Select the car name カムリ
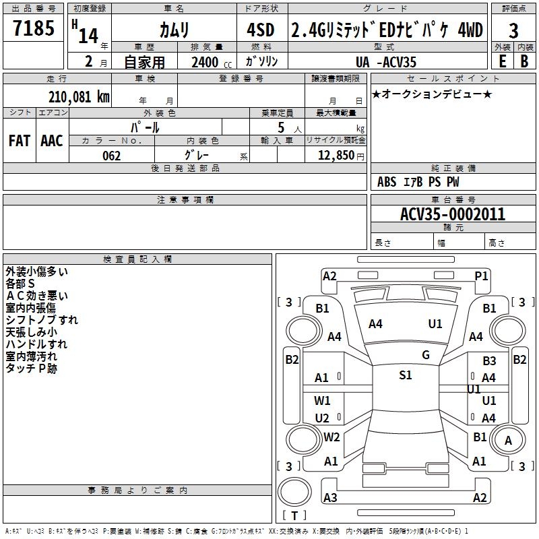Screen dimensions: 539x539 174,30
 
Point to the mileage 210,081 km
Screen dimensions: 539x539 79,96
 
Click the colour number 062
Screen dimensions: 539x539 111,156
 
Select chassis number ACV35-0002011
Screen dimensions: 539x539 452,214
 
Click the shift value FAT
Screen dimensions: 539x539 20,141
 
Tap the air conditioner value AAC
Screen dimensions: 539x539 52,141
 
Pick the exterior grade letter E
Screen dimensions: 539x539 502,62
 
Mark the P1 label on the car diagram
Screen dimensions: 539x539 481,276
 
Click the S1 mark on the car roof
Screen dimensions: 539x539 405,375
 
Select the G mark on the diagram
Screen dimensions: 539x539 425,355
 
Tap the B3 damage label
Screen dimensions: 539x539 489,361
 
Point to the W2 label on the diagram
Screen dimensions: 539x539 331,437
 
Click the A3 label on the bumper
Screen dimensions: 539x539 330,498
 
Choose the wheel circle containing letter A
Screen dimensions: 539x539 508,441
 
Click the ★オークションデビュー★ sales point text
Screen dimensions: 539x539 432,94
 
